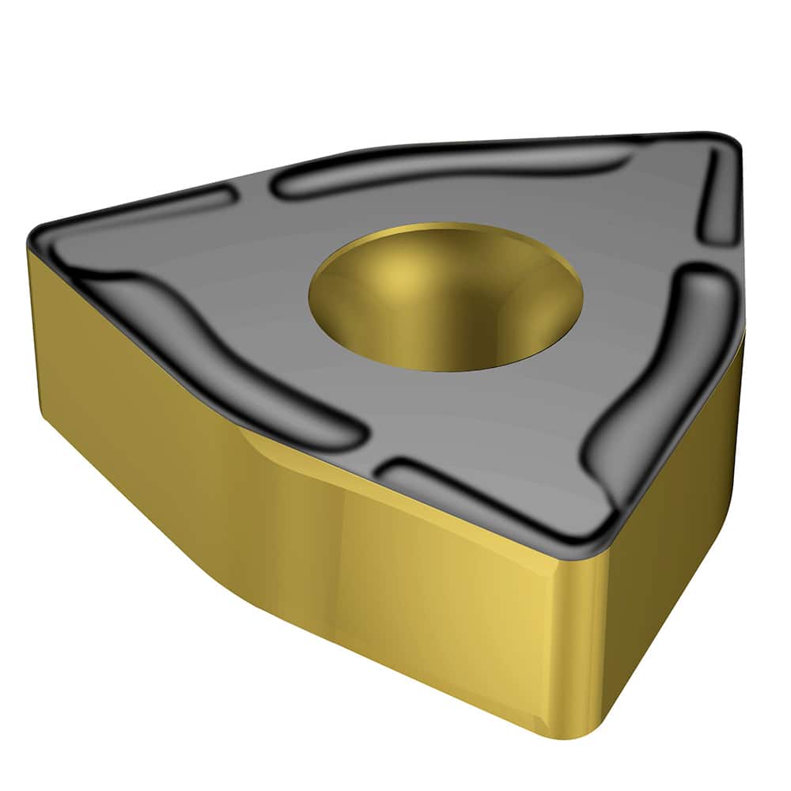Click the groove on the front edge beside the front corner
tap(490, 494)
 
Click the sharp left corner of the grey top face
tap(36, 233)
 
